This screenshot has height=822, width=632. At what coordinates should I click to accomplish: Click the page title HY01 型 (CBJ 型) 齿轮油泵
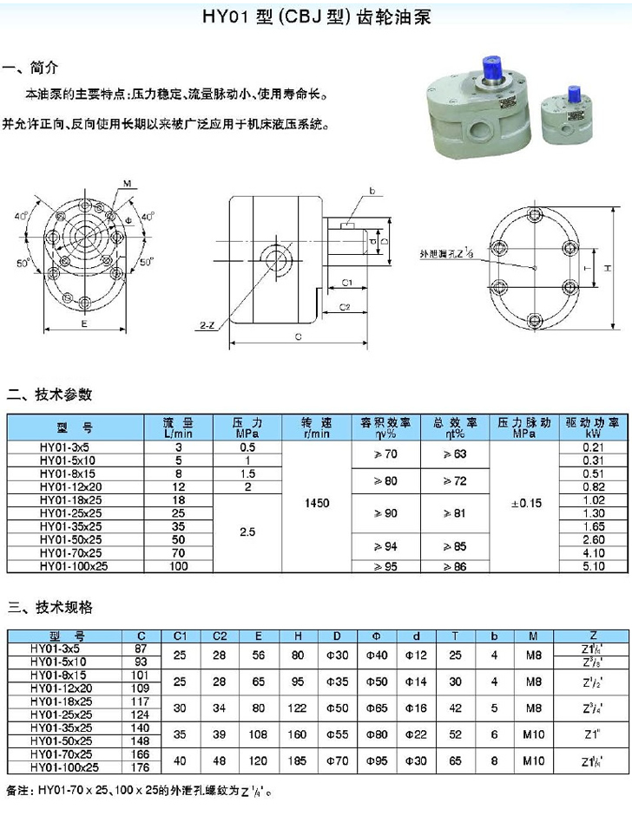pyautogui.click(x=316, y=16)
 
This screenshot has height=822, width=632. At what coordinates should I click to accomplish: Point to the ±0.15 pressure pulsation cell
pyautogui.click(x=524, y=503)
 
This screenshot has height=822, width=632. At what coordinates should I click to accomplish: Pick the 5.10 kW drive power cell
pyautogui.click(x=594, y=566)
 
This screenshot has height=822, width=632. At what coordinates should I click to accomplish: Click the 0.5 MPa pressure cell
pyautogui.click(x=247, y=447)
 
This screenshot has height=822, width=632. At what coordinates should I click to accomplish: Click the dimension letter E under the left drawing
pyautogui.click(x=83, y=322)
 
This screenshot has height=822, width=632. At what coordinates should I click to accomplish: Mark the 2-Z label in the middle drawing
pyautogui.click(x=206, y=324)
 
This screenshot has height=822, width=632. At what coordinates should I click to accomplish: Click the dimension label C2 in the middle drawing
pyautogui.click(x=344, y=306)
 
